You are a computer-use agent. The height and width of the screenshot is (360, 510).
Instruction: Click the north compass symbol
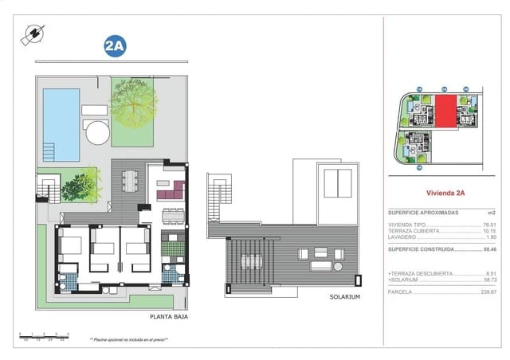34,33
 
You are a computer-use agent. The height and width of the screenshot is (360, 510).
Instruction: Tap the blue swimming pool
61,123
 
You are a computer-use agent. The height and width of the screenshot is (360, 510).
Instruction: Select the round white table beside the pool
96,132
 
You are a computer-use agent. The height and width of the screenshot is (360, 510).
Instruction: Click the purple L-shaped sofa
170,190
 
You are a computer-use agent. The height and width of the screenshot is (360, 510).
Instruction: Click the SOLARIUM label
345,296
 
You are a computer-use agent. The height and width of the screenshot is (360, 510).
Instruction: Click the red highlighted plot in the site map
445,111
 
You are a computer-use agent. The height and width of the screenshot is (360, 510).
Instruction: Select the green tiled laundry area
172,248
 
